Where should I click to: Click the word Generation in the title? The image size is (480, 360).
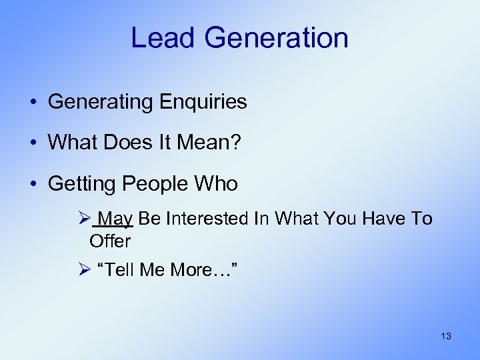(276, 38)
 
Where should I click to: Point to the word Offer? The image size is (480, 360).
(110, 240)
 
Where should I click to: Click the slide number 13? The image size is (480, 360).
(446, 336)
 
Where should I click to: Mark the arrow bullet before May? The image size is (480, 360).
(83, 219)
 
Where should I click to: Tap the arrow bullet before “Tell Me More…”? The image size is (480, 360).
(83, 269)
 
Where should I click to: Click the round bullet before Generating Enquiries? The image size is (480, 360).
(32, 103)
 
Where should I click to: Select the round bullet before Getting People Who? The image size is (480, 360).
(32, 184)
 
